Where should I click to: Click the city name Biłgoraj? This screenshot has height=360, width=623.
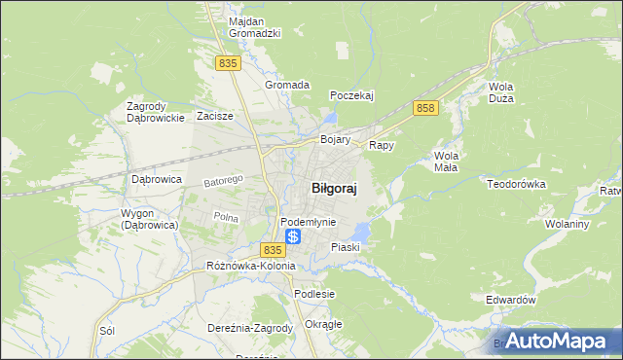(332, 190)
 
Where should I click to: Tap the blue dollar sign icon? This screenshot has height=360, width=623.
(293, 236)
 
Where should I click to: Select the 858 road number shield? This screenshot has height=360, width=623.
(423, 108)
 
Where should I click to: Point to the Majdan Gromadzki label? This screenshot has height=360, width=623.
(254, 27)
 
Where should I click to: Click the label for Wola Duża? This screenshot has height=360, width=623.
(500, 92)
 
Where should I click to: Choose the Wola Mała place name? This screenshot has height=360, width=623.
(446, 162)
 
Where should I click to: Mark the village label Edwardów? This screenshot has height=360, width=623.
(510, 301)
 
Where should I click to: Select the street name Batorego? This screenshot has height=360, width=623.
(222, 181)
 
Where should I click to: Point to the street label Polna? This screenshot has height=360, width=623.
(226, 217)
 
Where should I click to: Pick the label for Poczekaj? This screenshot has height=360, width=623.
(352, 95)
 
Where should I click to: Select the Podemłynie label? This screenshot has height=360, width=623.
(308, 222)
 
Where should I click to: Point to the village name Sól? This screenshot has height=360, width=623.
(107, 331)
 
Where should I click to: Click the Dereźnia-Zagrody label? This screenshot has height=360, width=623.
(250, 328)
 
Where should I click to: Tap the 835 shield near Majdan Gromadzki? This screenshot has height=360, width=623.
(228, 63)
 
